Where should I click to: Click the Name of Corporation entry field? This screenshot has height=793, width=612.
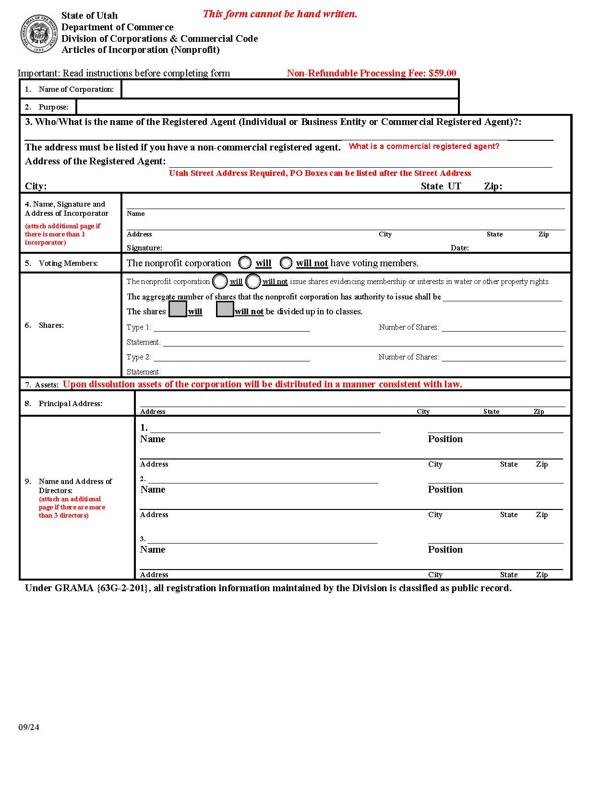tap(290, 89)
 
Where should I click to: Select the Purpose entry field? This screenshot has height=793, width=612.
tap(267, 107)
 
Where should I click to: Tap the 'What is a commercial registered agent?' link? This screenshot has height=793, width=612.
tap(424, 147)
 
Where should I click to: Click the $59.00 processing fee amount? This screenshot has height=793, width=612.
tap(442, 73)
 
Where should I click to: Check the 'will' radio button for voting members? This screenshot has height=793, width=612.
tap(245, 263)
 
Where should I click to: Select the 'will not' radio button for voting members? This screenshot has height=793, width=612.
tap(286, 263)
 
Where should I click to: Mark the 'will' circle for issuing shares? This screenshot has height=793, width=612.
tap(220, 281)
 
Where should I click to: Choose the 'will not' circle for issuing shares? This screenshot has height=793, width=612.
tap(253, 281)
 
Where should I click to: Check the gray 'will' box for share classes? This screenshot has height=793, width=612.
tap(178, 309)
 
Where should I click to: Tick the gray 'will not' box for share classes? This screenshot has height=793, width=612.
tap(225, 309)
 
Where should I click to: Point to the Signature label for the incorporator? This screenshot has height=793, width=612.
tap(144, 248)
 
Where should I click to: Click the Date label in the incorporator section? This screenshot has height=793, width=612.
tap(459, 248)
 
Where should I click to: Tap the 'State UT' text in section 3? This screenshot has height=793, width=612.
tap(441, 186)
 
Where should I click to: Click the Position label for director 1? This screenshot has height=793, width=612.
tap(445, 439)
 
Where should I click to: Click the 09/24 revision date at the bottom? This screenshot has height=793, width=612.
tap(29, 727)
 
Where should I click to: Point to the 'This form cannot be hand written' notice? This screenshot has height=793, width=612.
tap(280, 14)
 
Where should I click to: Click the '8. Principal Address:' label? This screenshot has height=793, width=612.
tap(63, 404)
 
